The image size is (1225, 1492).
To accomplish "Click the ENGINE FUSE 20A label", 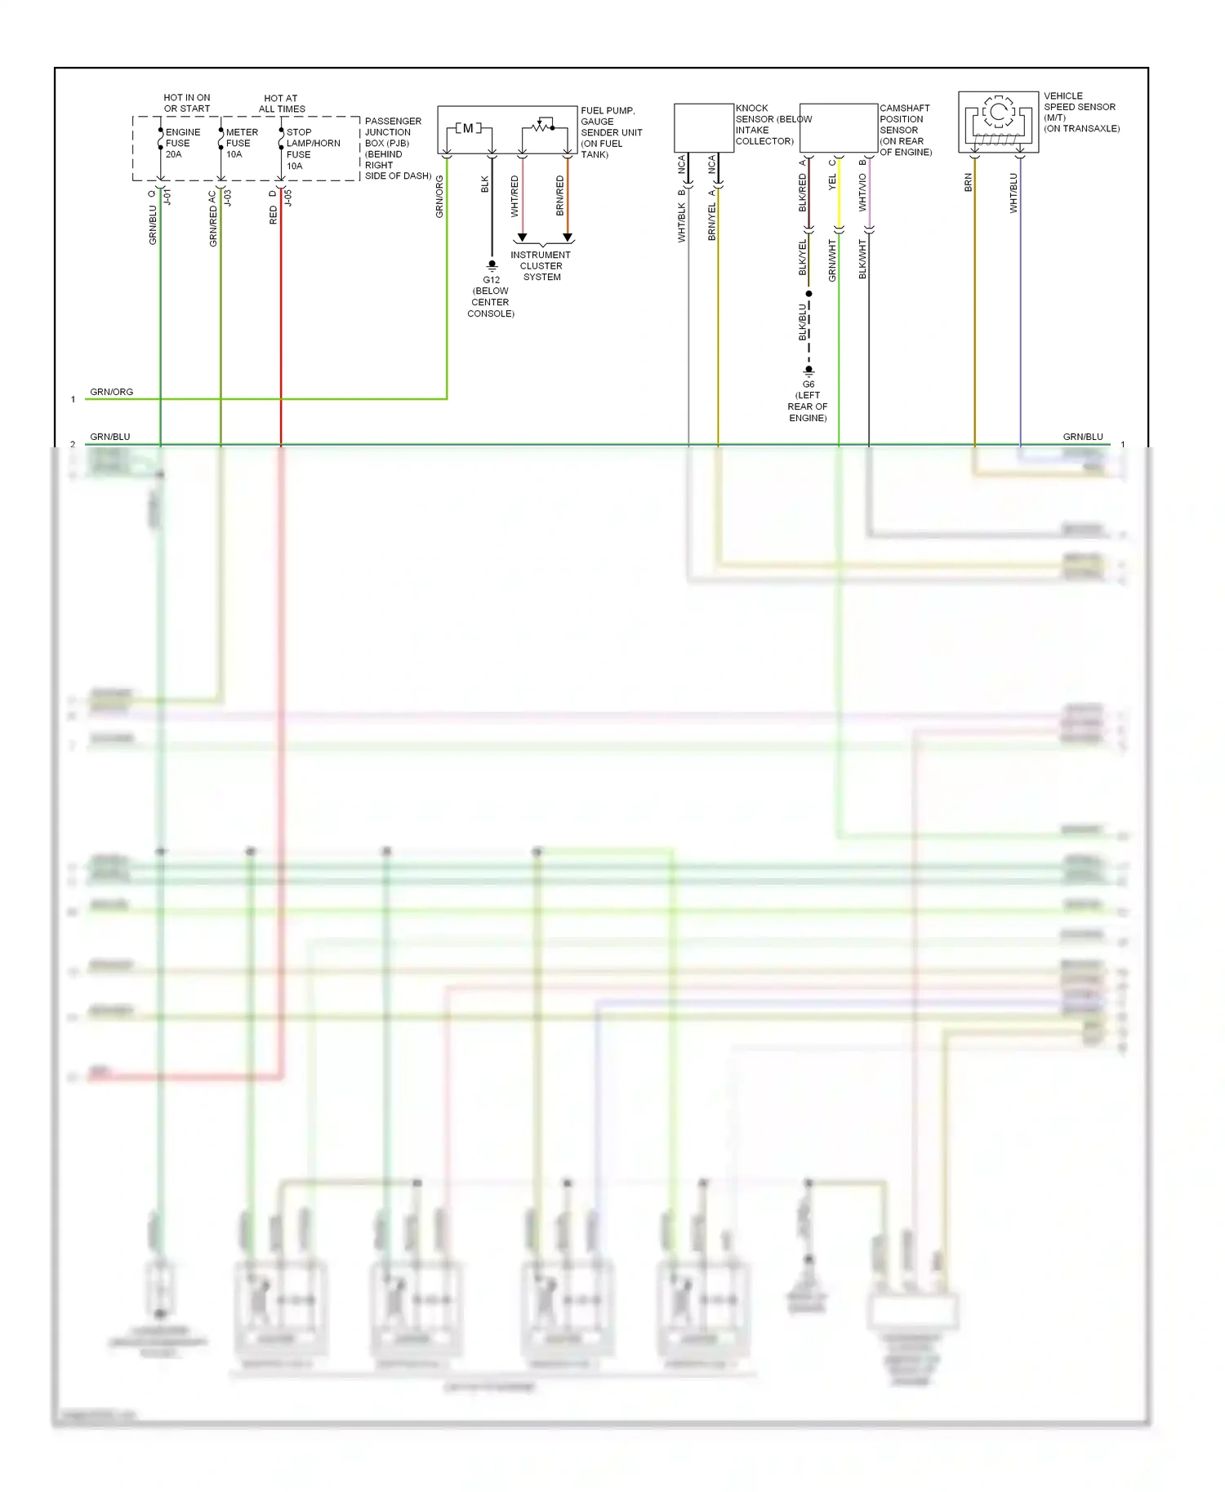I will (182, 143).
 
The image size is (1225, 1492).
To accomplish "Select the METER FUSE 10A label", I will (242, 143).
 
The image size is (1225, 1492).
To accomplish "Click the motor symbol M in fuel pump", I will (468, 128).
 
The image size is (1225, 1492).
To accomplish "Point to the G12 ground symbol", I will (492, 265).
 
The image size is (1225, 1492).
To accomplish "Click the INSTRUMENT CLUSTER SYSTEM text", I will (541, 266).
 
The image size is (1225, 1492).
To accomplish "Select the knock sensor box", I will (703, 127).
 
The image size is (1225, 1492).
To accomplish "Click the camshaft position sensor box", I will (838, 127).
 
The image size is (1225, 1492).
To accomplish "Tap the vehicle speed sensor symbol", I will (998, 122).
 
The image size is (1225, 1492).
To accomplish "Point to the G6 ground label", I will (808, 384).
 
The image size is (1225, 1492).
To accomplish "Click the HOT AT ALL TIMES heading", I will (282, 103).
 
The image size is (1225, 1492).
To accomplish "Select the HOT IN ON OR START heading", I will (187, 103).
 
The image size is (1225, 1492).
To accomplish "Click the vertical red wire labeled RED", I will (281, 326).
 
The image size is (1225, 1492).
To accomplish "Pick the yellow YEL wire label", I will (832, 182).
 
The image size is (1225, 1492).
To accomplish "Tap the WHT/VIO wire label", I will (862, 193).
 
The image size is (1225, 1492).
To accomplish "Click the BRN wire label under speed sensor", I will (969, 183).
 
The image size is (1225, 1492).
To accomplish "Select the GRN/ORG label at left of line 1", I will (111, 392).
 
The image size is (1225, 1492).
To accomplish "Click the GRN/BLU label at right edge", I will (1082, 437).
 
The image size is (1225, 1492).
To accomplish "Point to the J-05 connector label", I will (287, 198).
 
